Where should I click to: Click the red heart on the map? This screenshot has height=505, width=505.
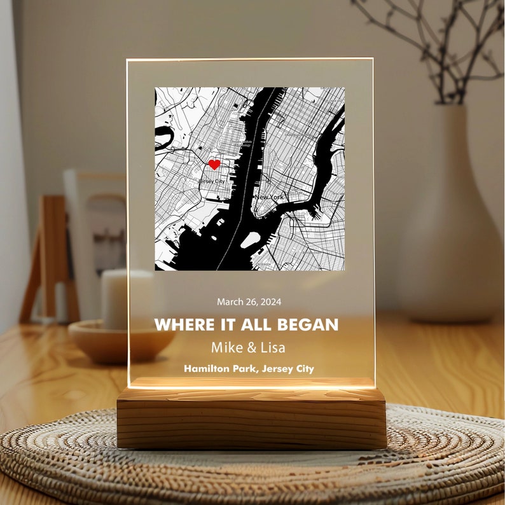point(214,165)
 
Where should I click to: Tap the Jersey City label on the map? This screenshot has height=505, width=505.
point(212,181)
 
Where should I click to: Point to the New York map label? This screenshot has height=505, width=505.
point(269,197)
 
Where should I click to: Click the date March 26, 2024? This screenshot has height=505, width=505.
point(249,302)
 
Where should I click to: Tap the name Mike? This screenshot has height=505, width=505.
point(226,348)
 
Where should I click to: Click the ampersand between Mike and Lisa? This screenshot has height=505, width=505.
point(249,348)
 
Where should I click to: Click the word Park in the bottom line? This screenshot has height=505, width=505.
point(245,369)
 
